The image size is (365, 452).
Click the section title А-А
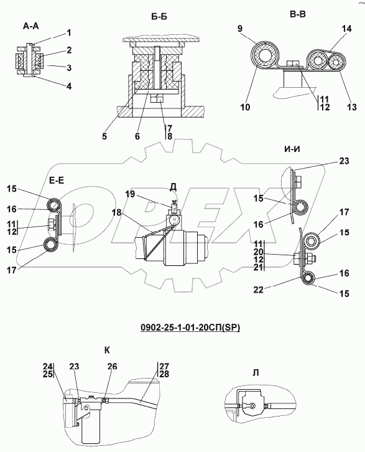point(31,26)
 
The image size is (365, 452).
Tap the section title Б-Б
point(159,17)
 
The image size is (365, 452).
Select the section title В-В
point(298,14)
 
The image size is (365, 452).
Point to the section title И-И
point(292,149)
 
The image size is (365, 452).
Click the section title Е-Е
point(57,181)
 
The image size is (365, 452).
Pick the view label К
point(107,351)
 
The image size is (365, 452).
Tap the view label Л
point(256,373)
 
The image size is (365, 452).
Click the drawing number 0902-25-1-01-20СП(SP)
point(190,327)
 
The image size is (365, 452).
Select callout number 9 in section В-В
point(240,29)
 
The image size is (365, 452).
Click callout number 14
point(347,29)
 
